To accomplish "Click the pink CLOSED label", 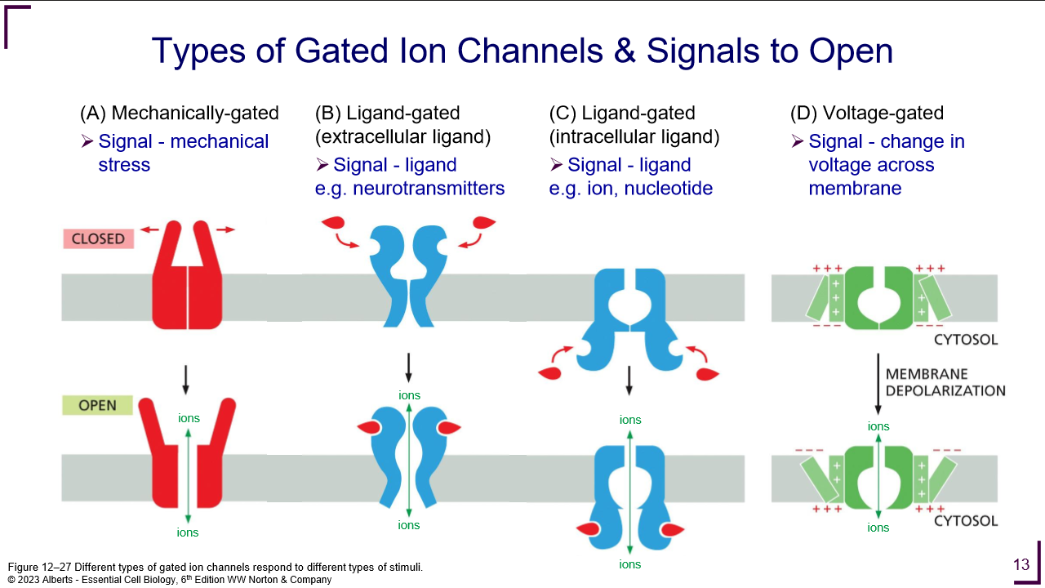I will tap(98, 238).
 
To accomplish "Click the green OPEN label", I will tap(98, 405).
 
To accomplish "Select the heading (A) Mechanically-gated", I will tap(179, 114).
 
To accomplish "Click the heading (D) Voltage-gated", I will tap(867, 114).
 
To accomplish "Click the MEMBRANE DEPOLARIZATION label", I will tap(945, 382).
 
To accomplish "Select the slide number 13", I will tap(1021, 564).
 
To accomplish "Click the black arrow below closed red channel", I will tap(187, 376).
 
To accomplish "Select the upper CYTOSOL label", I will tap(966, 340).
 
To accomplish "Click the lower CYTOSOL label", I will tap(966, 520).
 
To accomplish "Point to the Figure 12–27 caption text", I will tap(216, 567).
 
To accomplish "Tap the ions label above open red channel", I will tap(189, 419).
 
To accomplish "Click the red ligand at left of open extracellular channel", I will tap(369, 428).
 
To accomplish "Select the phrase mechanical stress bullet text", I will tap(183, 153).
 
